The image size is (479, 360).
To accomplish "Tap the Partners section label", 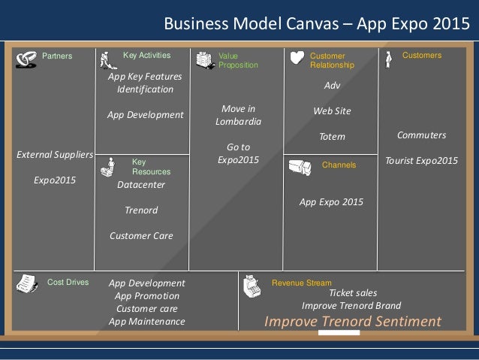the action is [57, 56].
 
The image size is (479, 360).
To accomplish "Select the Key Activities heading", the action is [146, 56].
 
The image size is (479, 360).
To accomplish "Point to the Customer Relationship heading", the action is [331, 61].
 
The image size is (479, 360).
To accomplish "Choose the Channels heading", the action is [339, 164].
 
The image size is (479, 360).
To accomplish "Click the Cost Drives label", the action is [68, 283].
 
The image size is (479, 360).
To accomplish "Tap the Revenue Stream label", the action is [301, 283].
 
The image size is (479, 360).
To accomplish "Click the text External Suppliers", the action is [54, 155].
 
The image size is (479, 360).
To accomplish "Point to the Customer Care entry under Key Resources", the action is [141, 235].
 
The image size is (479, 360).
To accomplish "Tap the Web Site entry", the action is [332, 111].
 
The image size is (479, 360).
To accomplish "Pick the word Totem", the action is [332, 137].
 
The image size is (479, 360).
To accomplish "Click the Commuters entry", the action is [421, 135].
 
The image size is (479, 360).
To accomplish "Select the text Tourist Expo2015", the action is [421, 161].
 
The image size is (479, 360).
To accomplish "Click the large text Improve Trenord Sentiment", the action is [352, 322].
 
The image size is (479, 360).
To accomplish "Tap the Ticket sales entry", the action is [353, 293].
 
